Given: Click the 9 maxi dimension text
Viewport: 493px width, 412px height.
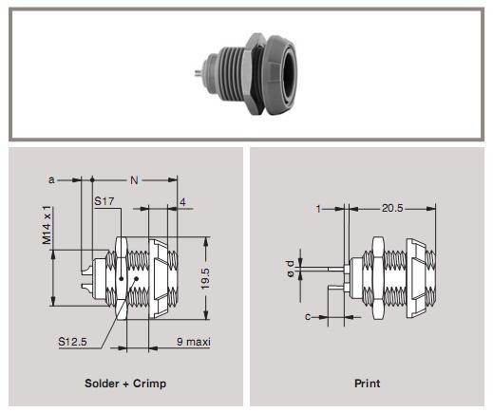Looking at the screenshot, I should (193, 341).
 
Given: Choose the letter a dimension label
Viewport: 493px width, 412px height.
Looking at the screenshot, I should (51, 178).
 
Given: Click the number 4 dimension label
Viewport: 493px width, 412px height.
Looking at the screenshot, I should (180, 200).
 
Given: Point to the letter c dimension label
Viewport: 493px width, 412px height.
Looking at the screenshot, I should (308, 317).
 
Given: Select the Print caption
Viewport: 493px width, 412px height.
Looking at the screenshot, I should (367, 384).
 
